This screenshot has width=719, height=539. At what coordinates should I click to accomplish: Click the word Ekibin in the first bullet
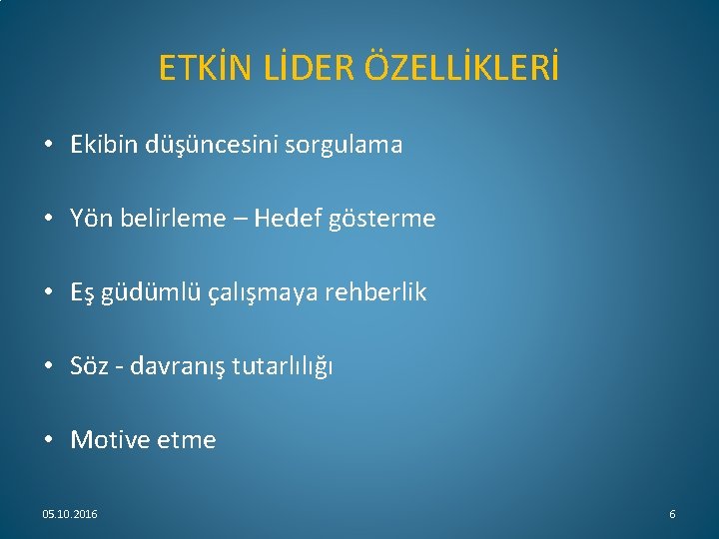[101, 145]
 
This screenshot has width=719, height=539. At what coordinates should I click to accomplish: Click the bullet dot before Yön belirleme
[48, 219]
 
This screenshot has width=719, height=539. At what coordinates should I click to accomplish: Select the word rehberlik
[373, 292]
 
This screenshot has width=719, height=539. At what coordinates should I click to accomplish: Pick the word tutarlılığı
[283, 366]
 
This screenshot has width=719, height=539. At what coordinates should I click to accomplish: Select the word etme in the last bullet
[186, 440]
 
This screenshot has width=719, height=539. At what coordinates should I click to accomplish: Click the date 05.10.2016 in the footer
[70, 513]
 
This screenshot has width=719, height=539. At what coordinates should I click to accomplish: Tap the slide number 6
[672, 513]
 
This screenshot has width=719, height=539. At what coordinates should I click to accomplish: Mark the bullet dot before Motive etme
[48, 440]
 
